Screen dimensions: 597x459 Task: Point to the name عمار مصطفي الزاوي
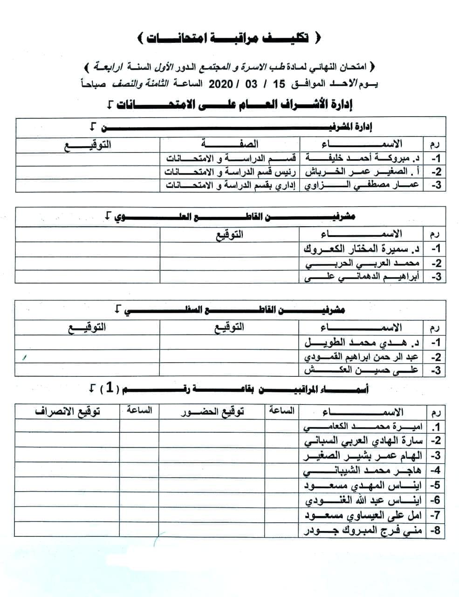tap(362, 185)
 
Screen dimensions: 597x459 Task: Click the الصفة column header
tap(230, 144)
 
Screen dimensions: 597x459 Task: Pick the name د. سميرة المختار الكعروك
tap(363, 249)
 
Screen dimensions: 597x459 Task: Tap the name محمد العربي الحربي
tap(363, 263)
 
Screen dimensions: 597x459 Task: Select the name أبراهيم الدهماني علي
tap(363, 277)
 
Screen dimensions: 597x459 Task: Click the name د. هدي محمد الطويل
tap(363, 343)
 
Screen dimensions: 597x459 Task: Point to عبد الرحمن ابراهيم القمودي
tap(363, 357)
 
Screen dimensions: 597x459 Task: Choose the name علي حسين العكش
tap(363, 371)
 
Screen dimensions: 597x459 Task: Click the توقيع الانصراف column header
tap(67, 411)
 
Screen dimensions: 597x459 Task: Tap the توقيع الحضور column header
tap(212, 411)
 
